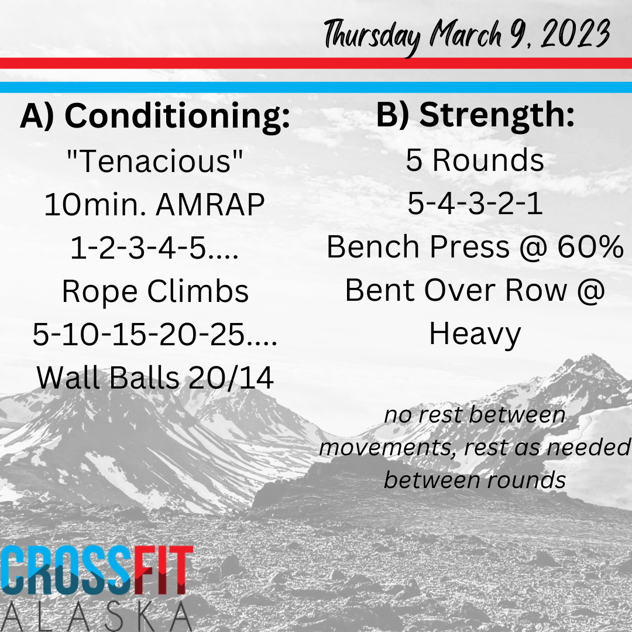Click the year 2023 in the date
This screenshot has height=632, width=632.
tap(575, 34)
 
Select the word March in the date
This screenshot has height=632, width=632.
tap(466, 34)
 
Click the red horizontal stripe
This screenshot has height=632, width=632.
tap(316, 63)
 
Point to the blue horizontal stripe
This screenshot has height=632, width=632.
tap(316, 87)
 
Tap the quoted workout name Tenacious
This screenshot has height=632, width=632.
tap(154, 161)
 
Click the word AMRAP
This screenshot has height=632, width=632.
tap(210, 204)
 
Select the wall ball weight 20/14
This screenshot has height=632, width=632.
tap(231, 378)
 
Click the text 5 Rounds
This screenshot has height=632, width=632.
tap(475, 160)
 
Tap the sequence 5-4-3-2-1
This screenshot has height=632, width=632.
tap(475, 204)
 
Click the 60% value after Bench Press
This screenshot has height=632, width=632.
tap(590, 247)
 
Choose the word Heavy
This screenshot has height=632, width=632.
tap(475, 335)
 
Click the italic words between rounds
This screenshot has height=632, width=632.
tap(475, 480)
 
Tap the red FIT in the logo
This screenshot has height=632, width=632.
tap(163, 570)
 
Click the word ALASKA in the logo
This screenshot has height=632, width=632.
tap(97, 617)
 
